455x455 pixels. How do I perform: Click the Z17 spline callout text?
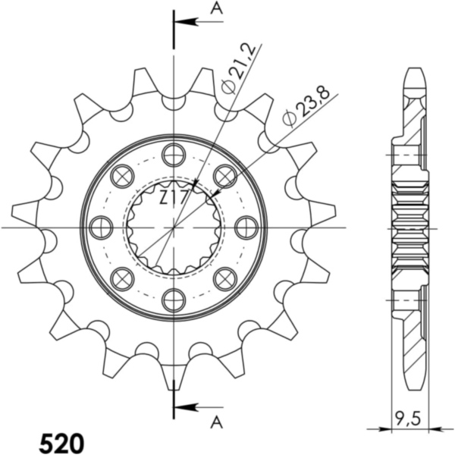click(x=174, y=199)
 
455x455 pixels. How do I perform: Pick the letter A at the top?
click(x=216, y=8)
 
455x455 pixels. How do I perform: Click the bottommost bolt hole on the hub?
click(x=174, y=299)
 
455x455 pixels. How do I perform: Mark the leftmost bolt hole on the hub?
click(x=101, y=227)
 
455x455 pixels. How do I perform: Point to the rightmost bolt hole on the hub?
click(x=246, y=227)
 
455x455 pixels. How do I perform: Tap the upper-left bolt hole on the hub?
click(x=122, y=176)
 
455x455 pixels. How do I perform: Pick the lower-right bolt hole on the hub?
click(x=225, y=278)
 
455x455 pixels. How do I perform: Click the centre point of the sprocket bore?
click(x=174, y=227)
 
